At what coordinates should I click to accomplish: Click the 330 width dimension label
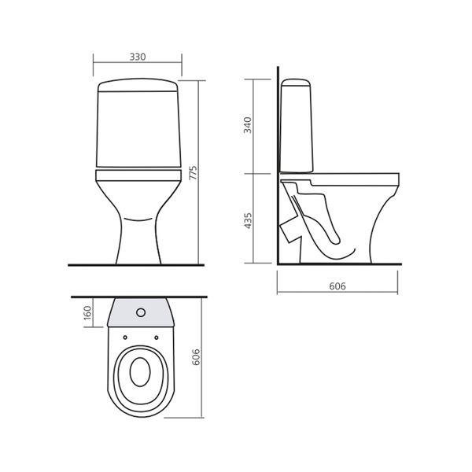click(x=138, y=57)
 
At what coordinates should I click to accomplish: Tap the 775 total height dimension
click(x=194, y=172)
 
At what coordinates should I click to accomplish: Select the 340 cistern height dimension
click(x=248, y=125)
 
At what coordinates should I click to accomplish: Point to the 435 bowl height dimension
click(x=248, y=220)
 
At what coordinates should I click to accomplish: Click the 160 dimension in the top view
click(x=87, y=312)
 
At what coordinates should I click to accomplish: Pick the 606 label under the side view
click(x=337, y=286)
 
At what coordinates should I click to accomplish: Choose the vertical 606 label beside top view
click(x=196, y=357)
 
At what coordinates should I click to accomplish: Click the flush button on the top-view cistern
click(x=141, y=312)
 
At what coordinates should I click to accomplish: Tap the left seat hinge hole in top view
click(x=125, y=337)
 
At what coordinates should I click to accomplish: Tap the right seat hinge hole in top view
click(x=157, y=337)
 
